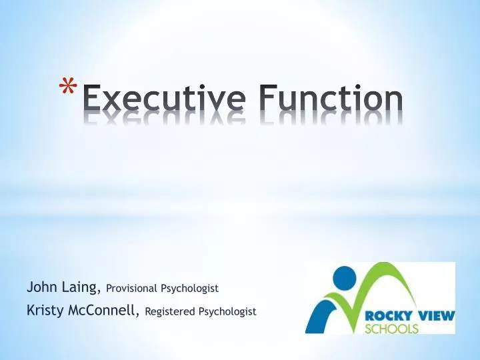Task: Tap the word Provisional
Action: click(131, 289)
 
